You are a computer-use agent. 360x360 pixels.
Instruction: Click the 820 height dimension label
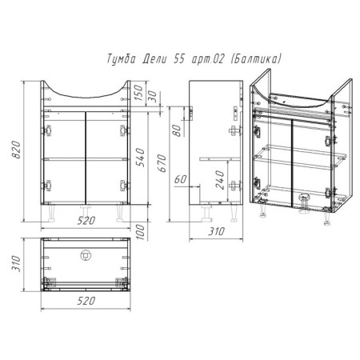(17, 150)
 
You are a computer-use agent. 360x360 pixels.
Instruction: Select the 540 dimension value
(140, 158)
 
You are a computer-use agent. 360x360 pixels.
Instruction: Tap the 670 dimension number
(162, 163)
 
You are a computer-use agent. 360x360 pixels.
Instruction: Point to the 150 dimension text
(138, 92)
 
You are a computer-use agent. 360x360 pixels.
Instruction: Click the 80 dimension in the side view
(177, 130)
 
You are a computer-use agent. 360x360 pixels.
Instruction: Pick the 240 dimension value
(220, 180)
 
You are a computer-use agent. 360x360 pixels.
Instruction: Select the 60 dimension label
(181, 179)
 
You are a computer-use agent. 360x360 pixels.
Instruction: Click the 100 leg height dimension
(140, 232)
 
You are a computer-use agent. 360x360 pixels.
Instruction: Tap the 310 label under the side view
(216, 231)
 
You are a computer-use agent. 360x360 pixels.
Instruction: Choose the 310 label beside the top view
(16, 264)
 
